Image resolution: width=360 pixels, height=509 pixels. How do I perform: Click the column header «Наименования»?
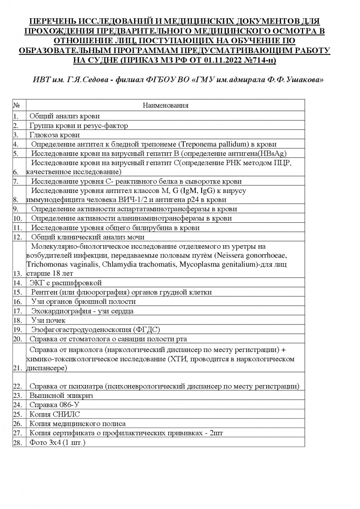166,105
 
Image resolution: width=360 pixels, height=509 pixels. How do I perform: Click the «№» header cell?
17,105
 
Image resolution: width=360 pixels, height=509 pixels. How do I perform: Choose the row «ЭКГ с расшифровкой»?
66,283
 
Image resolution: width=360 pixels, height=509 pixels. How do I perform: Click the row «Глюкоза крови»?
55,135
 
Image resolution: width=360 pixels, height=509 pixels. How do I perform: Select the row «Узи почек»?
48,320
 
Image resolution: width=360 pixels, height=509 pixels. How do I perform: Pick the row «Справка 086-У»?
54,405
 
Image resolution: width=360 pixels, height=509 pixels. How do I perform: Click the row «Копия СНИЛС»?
55,414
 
